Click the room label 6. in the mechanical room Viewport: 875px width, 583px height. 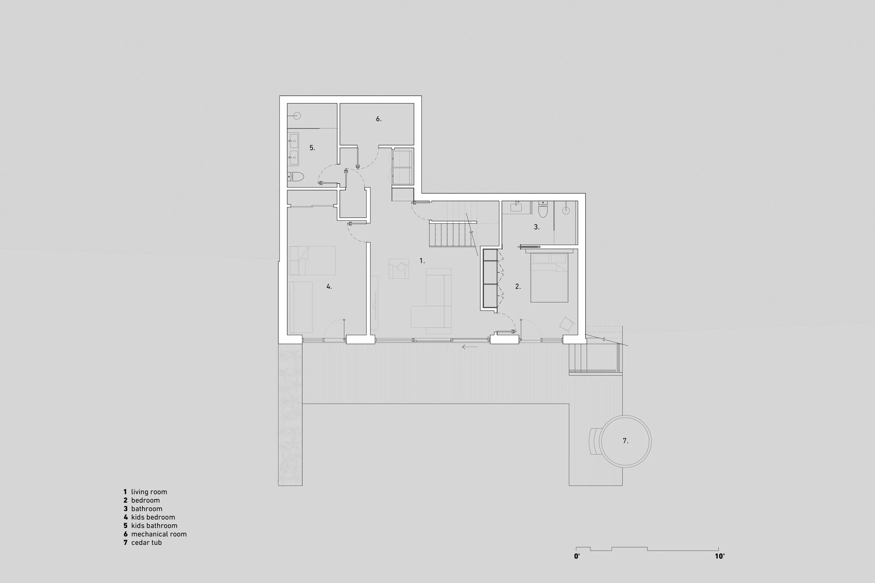[x=378, y=119]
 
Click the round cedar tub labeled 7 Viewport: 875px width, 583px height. [x=626, y=441]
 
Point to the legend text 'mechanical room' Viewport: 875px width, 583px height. [x=159, y=534]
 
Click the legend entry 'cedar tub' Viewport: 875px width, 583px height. [x=146, y=542]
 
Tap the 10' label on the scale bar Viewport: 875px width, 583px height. [x=719, y=567]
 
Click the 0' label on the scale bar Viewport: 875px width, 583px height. [x=577, y=567]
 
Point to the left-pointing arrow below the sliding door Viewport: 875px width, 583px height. [x=469, y=347]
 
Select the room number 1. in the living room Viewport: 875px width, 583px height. [x=422, y=261]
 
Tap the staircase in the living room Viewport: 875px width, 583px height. [x=452, y=234]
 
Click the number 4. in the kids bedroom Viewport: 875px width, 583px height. [x=329, y=287]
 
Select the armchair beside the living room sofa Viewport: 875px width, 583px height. [x=399, y=269]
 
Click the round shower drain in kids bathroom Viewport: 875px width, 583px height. [x=296, y=116]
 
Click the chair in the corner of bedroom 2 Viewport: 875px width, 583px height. [x=567, y=324]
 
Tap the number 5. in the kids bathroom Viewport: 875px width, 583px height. [x=312, y=148]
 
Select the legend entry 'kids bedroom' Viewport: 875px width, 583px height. [x=153, y=517]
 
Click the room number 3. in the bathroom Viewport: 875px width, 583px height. [x=537, y=227]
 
